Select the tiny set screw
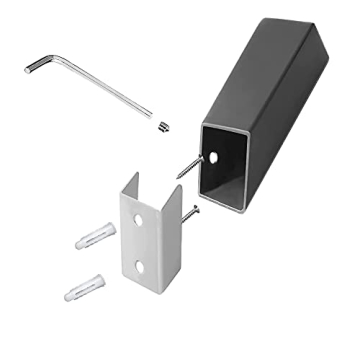162,126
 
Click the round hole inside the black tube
215,156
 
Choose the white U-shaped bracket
150,240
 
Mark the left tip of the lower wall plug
69,296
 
